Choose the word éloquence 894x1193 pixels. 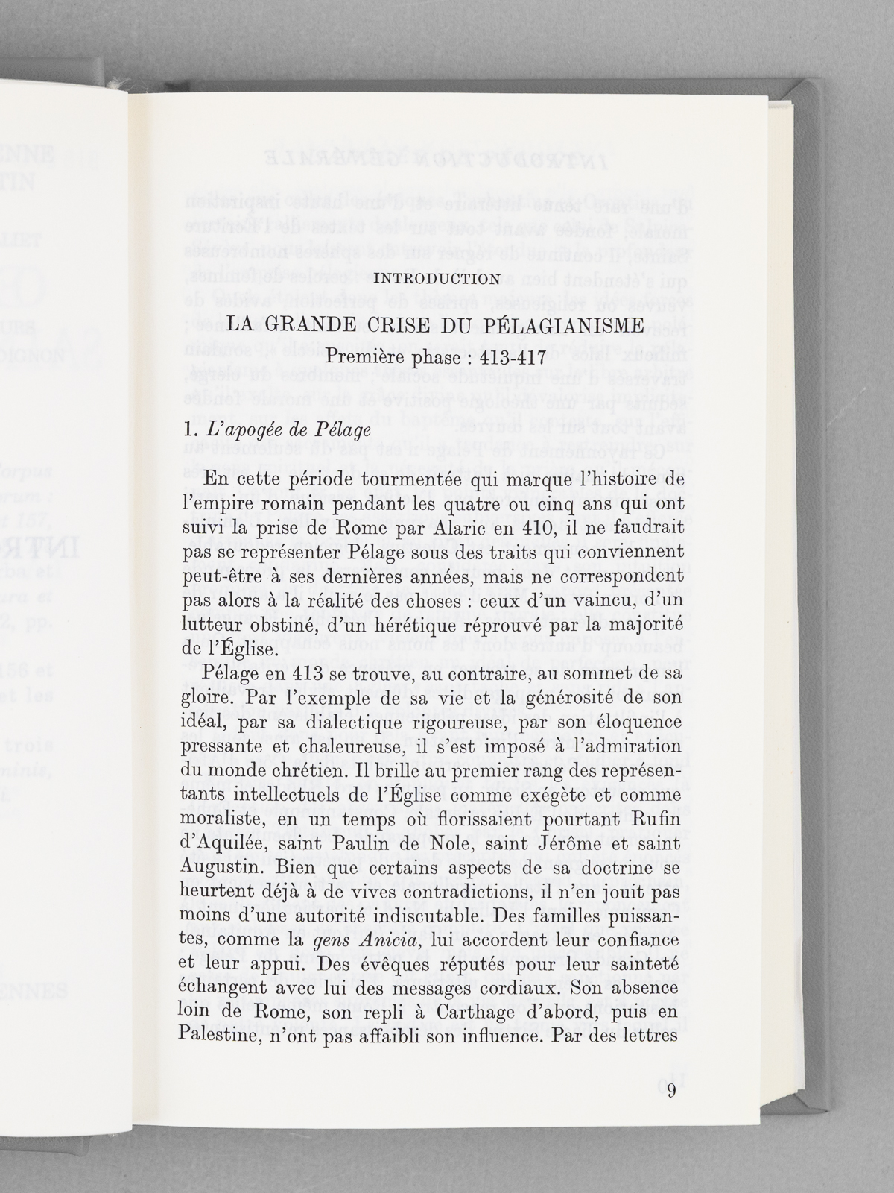click(x=631, y=723)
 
